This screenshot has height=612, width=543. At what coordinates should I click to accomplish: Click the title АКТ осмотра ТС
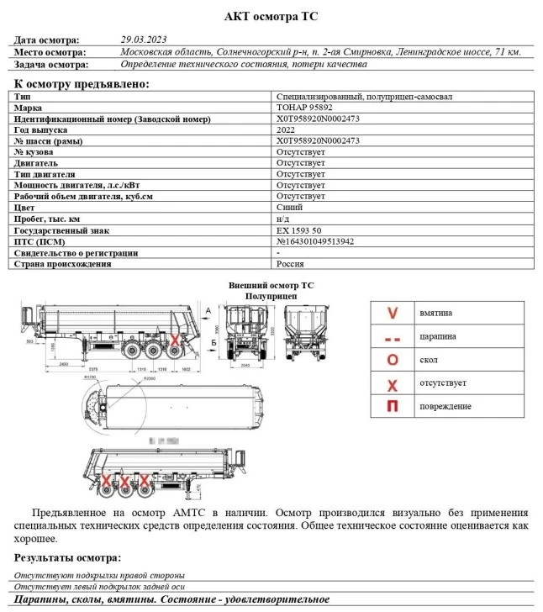pyautogui.click(x=271, y=16)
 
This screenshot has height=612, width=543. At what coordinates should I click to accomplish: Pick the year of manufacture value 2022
pyautogui.click(x=285, y=129)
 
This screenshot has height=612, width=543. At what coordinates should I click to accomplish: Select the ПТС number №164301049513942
pyautogui.click(x=327, y=240)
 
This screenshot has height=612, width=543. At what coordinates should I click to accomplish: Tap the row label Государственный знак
pyautogui.click(x=62, y=229)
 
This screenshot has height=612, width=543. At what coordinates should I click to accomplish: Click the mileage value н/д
pyautogui.click(x=283, y=219)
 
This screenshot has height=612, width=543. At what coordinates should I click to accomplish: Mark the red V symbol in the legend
pyautogui.click(x=392, y=314)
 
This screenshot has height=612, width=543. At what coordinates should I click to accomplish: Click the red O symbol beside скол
pyautogui.click(x=392, y=360)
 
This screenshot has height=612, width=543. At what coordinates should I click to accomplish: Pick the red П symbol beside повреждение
pyautogui.click(x=392, y=406)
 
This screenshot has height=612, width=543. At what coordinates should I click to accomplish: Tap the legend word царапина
pyautogui.click(x=438, y=337)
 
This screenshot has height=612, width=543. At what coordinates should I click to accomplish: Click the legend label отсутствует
pyautogui.click(x=443, y=383)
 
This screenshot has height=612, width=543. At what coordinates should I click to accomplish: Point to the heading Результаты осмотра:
pyautogui.click(x=67, y=557)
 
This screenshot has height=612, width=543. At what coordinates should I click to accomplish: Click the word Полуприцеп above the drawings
pyautogui.click(x=271, y=297)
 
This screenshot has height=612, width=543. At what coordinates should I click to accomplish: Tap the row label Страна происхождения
pyautogui.click(x=62, y=263)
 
